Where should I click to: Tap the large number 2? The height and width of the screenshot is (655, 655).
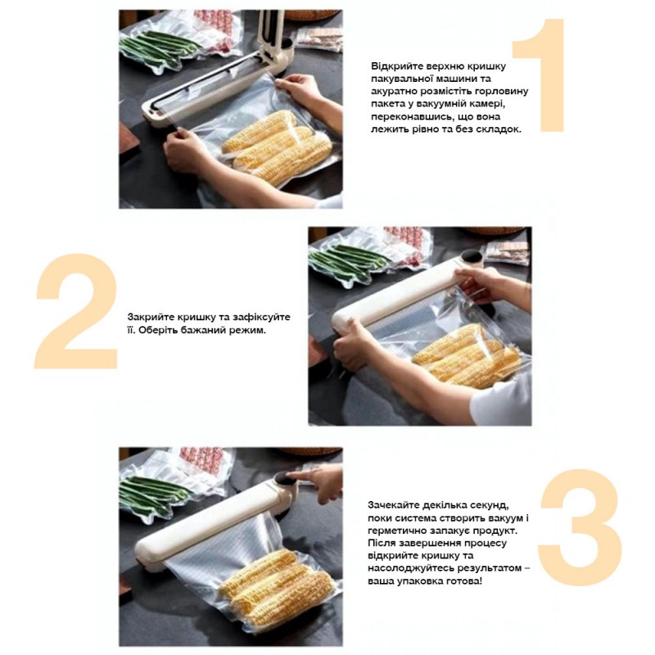click(76, 311)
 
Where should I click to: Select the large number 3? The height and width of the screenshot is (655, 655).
click(580, 527)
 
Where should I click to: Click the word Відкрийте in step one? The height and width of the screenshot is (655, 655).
click(396, 66)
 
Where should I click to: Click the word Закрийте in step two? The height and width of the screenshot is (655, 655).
click(151, 317)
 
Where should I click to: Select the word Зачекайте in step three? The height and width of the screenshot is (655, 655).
click(394, 505)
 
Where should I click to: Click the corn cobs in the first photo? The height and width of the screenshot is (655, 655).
click(278, 150)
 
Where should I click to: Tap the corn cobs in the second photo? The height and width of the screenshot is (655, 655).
click(467, 356)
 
